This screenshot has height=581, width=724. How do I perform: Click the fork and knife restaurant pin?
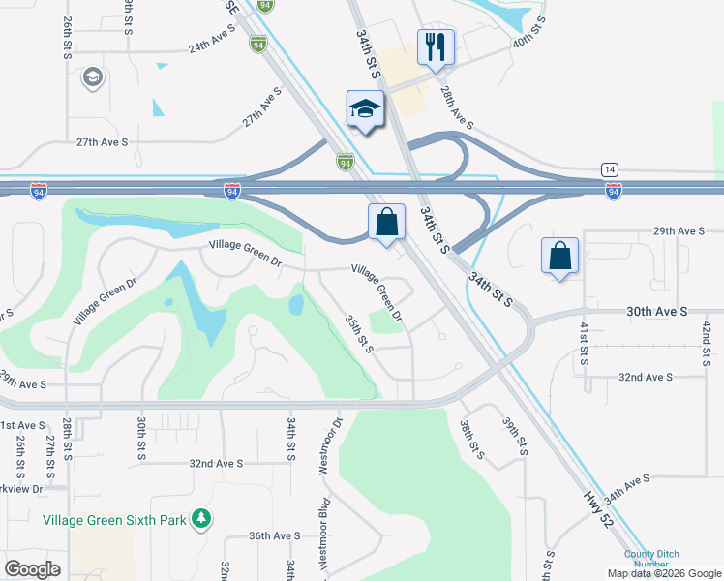pyautogui.click(x=436, y=46)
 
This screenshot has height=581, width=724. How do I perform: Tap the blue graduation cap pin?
pyautogui.click(x=366, y=108)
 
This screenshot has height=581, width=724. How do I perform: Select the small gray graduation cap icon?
pyautogui.click(x=94, y=77)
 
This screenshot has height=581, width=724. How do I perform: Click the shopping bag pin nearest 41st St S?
pyautogui.click(x=559, y=257)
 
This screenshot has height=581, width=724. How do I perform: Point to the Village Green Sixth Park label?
pyautogui.click(x=114, y=520)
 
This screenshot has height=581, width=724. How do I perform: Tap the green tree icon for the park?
pyautogui.click(x=200, y=519)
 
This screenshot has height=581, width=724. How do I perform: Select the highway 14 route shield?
pyautogui.click(x=609, y=168)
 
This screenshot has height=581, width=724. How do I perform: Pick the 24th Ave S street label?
pyautogui.click(x=213, y=46)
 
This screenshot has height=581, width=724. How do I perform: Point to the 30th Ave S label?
pyautogui.click(x=656, y=312)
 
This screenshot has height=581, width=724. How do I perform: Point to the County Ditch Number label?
pyautogui.click(x=646, y=560)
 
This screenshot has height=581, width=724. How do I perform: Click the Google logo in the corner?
pyautogui.click(x=33, y=569)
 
